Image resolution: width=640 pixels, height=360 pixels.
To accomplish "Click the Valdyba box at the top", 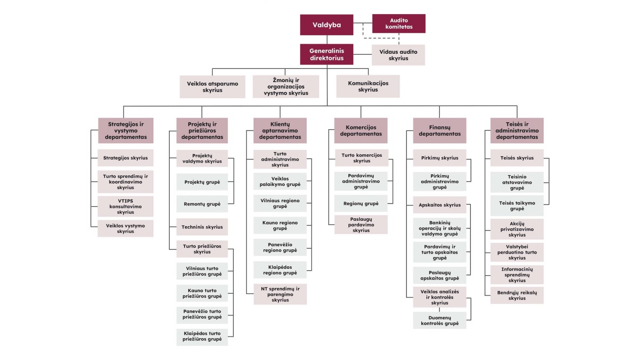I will point(327,25).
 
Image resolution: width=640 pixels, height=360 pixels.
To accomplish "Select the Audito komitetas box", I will point(399,23).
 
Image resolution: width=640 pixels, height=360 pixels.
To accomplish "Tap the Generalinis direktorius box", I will point(327,55).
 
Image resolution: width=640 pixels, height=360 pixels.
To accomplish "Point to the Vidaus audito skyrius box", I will point(398,55).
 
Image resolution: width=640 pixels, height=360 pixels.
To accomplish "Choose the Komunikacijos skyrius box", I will point(368,86).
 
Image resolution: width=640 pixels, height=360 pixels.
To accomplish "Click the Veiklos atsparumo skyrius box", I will point(212,87).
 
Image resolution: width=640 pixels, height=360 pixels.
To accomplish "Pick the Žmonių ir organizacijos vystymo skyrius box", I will point(286,87).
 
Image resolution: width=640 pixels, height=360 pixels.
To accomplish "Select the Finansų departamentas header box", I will point(440,131).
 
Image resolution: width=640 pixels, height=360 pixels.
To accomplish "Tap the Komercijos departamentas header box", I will point(361,131).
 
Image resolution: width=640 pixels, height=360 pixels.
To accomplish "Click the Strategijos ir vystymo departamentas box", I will point(126,131).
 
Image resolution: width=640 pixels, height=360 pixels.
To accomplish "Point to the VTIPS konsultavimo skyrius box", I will point(125,207).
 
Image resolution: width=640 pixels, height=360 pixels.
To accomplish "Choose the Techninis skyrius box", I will point(202,227).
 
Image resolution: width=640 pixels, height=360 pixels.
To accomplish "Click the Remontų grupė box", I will point(202,204).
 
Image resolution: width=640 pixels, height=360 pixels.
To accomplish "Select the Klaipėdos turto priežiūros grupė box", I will point(202,336).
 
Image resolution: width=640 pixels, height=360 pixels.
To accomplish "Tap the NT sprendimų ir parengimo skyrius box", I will point(280,295).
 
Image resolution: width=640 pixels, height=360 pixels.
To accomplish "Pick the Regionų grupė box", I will point(361,204).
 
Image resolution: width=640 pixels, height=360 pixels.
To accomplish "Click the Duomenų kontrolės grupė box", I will point(440,320).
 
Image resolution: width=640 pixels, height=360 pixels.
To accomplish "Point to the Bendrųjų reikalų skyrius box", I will point(517,295).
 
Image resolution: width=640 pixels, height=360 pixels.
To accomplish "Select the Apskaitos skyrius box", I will point(440,205).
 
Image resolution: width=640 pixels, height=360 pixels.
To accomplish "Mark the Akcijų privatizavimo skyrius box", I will point(517,229).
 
